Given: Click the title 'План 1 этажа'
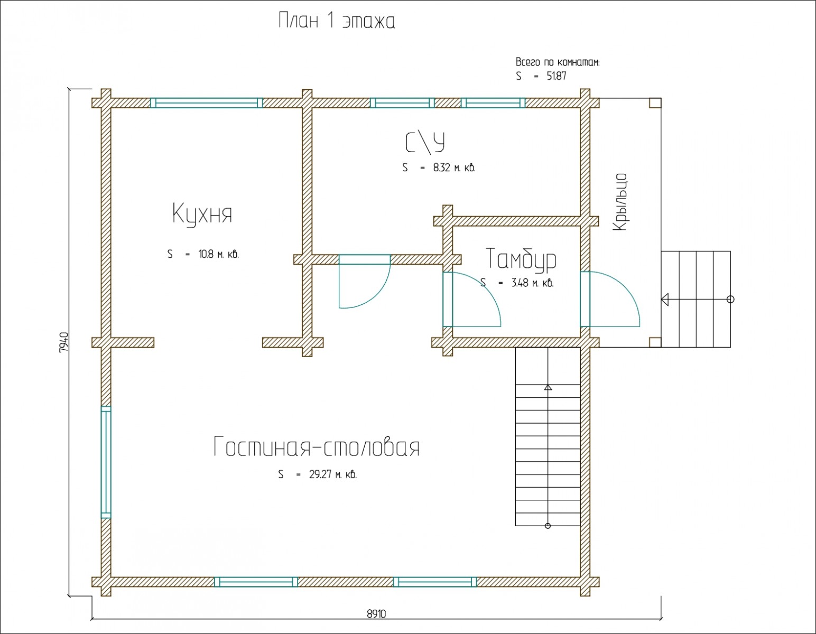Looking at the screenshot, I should (x=337, y=21).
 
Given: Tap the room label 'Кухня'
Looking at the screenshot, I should (x=202, y=214).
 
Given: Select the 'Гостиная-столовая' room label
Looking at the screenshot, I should (x=317, y=447).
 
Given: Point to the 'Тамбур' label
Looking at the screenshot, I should (x=521, y=259).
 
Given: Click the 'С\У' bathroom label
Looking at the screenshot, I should (x=425, y=142).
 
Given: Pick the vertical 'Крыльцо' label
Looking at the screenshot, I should (x=620, y=202).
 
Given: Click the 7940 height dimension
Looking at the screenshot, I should (x=63, y=342).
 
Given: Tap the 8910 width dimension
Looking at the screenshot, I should (x=376, y=614).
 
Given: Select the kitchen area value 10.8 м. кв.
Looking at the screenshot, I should (x=218, y=254).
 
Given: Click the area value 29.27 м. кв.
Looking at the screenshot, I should (x=332, y=474).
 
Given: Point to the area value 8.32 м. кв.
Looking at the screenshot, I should (x=454, y=168).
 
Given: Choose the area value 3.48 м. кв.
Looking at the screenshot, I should (x=532, y=283).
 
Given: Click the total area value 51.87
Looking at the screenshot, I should (x=556, y=76).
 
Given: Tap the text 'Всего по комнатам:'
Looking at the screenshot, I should (x=558, y=62).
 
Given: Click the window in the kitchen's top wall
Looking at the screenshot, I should (x=207, y=103).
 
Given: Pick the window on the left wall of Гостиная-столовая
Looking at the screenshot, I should (x=106, y=462).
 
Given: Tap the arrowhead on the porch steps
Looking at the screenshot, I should (x=665, y=300).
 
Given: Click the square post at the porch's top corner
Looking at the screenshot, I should (x=655, y=103).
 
